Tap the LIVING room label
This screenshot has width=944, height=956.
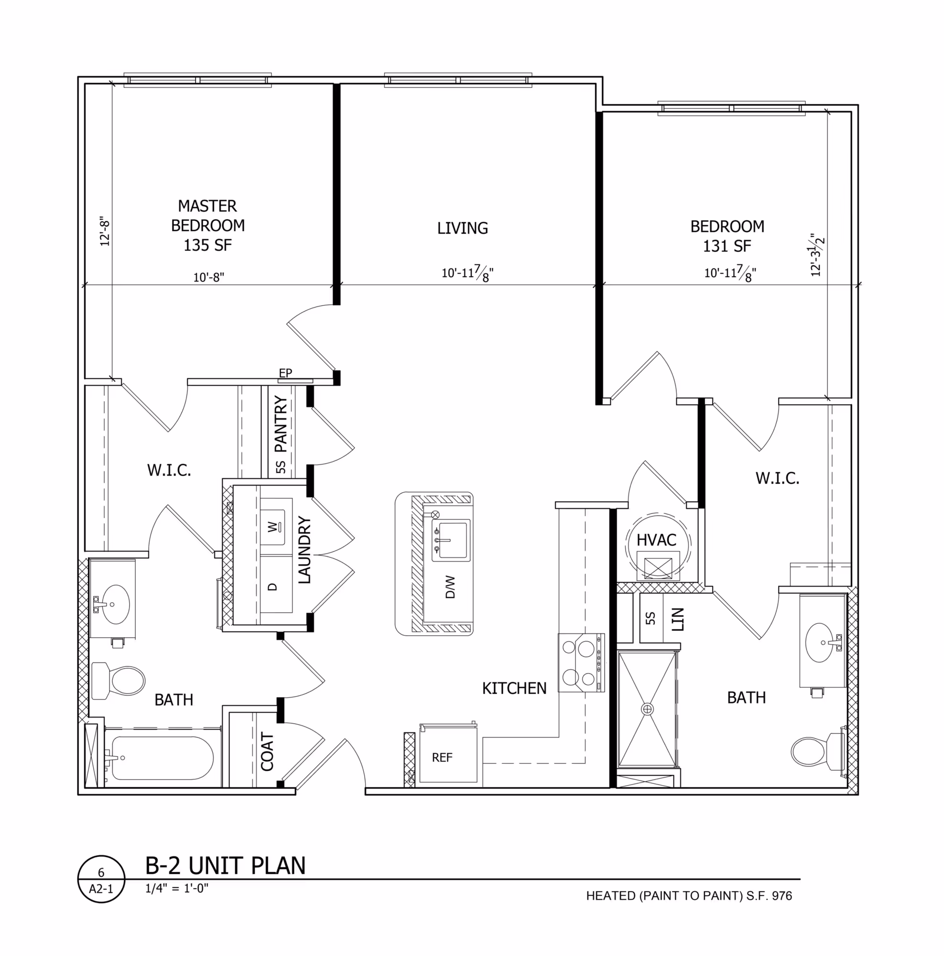463,228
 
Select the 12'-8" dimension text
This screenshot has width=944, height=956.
105,231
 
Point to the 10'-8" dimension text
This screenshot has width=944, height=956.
208,277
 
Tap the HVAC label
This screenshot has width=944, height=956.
656,540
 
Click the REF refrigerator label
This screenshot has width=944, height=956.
442,757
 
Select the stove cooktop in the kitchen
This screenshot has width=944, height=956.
581,663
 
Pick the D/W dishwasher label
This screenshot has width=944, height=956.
450,587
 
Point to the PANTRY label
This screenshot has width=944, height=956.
281,424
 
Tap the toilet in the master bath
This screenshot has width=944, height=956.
118,680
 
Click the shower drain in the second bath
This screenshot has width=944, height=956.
647,709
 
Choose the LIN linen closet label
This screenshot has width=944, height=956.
678,619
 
